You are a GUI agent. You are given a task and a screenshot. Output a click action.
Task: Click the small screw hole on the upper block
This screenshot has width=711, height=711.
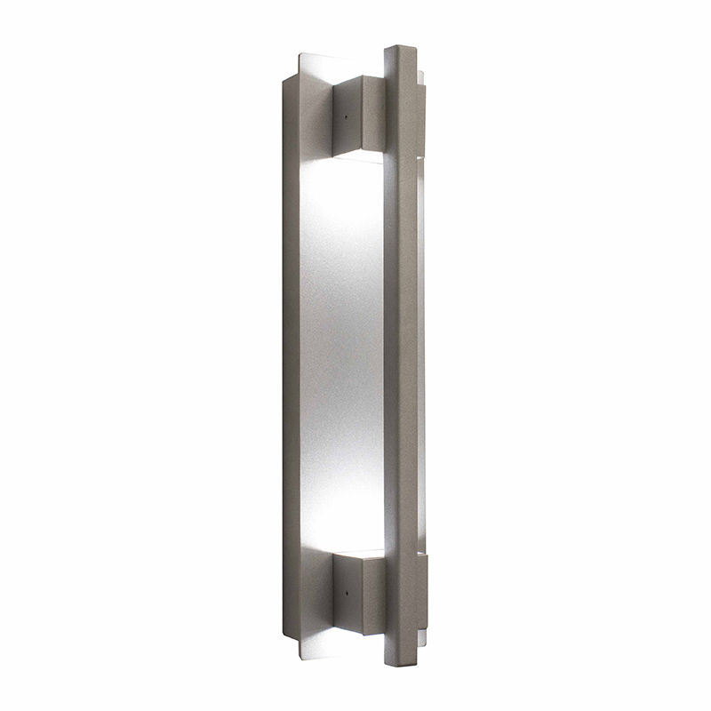343,114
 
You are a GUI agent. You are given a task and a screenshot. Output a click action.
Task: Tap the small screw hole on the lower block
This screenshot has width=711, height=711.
343,587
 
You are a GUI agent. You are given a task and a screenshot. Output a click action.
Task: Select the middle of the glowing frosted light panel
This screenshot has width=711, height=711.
342,355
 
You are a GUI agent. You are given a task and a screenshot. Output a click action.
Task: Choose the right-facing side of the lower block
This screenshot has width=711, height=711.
372,594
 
